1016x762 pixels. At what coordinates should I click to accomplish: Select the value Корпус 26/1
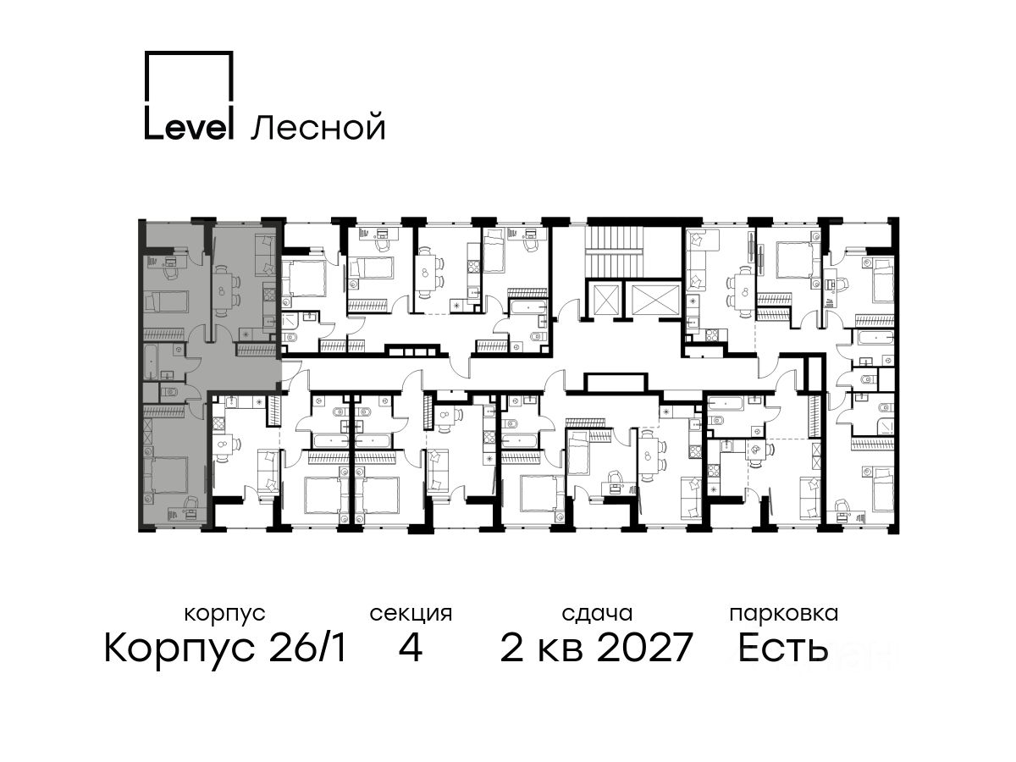click(225, 648)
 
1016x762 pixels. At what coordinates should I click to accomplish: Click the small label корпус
click(225, 614)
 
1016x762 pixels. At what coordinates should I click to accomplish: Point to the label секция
click(411, 614)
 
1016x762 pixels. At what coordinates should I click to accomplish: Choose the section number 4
click(411, 648)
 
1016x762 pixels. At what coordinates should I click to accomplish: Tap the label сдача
click(597, 614)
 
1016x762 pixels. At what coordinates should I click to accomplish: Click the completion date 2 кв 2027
click(597, 647)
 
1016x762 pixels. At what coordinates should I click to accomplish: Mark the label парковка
click(784, 614)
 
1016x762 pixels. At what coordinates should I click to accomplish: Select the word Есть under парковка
click(783, 648)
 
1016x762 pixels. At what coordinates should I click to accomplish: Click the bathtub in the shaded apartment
click(151, 362)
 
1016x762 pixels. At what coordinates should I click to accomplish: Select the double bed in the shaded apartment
click(165, 474)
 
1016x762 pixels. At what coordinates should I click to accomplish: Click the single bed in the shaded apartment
click(166, 301)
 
